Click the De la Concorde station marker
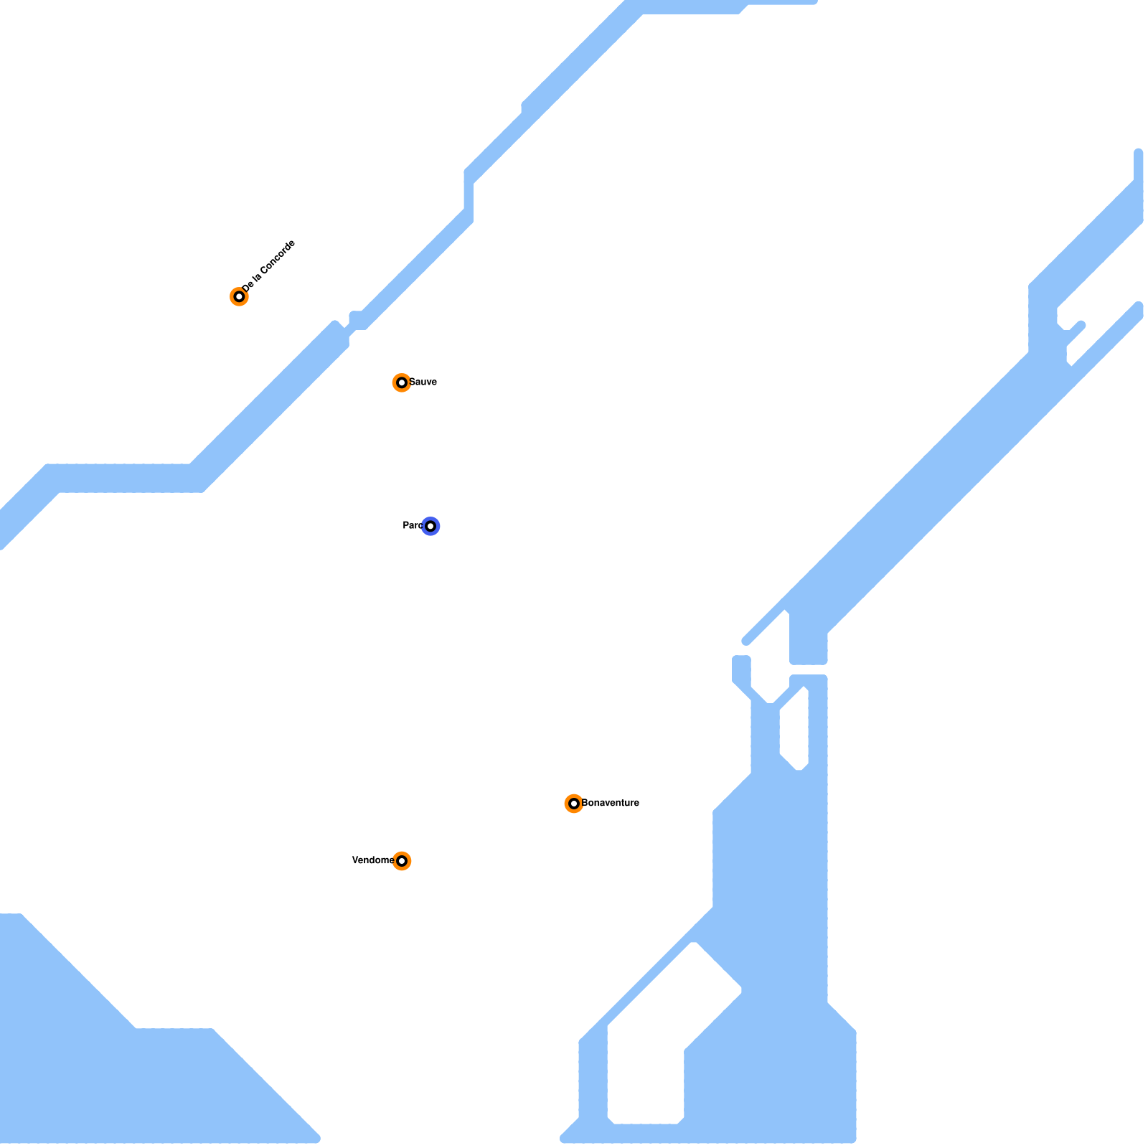(239, 296)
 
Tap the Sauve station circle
(401, 382)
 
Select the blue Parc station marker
(430, 526)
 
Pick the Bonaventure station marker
(573, 803)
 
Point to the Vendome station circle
(402, 860)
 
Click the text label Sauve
(423, 382)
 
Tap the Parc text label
(412, 526)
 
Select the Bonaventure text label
(611, 803)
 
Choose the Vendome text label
(372, 860)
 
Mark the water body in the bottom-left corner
(108, 1076)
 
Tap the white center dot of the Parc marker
(430, 526)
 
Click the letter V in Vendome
(354, 860)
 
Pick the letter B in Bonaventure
(585, 803)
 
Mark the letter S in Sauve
(412, 382)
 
